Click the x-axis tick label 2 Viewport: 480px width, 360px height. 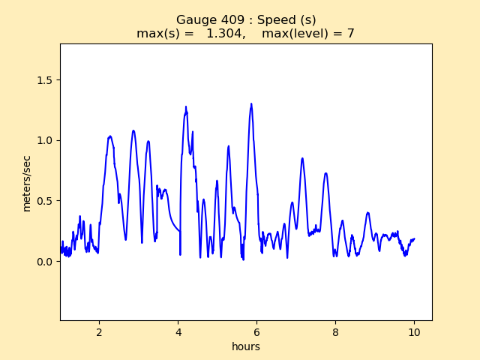pyautogui.click(x=100, y=332)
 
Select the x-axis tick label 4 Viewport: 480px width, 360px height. pyautogui.click(x=178, y=332)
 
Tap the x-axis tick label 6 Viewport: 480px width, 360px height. pyautogui.click(x=257, y=332)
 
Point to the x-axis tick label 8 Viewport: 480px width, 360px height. pyautogui.click(x=336, y=332)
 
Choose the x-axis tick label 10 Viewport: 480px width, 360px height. pyautogui.click(x=414, y=332)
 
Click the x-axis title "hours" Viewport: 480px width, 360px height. pyautogui.click(x=246, y=346)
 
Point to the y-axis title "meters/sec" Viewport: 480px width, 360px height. pyautogui.click(x=27, y=183)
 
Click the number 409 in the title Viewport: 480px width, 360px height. pyautogui.click(x=224, y=20)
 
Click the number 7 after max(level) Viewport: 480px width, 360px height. pyautogui.click(x=350, y=33)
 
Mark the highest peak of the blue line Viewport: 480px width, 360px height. pyautogui.click(x=251, y=103)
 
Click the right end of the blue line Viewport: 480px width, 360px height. pyautogui.click(x=414, y=239)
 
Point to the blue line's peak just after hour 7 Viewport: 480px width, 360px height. pyautogui.click(x=302, y=158)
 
